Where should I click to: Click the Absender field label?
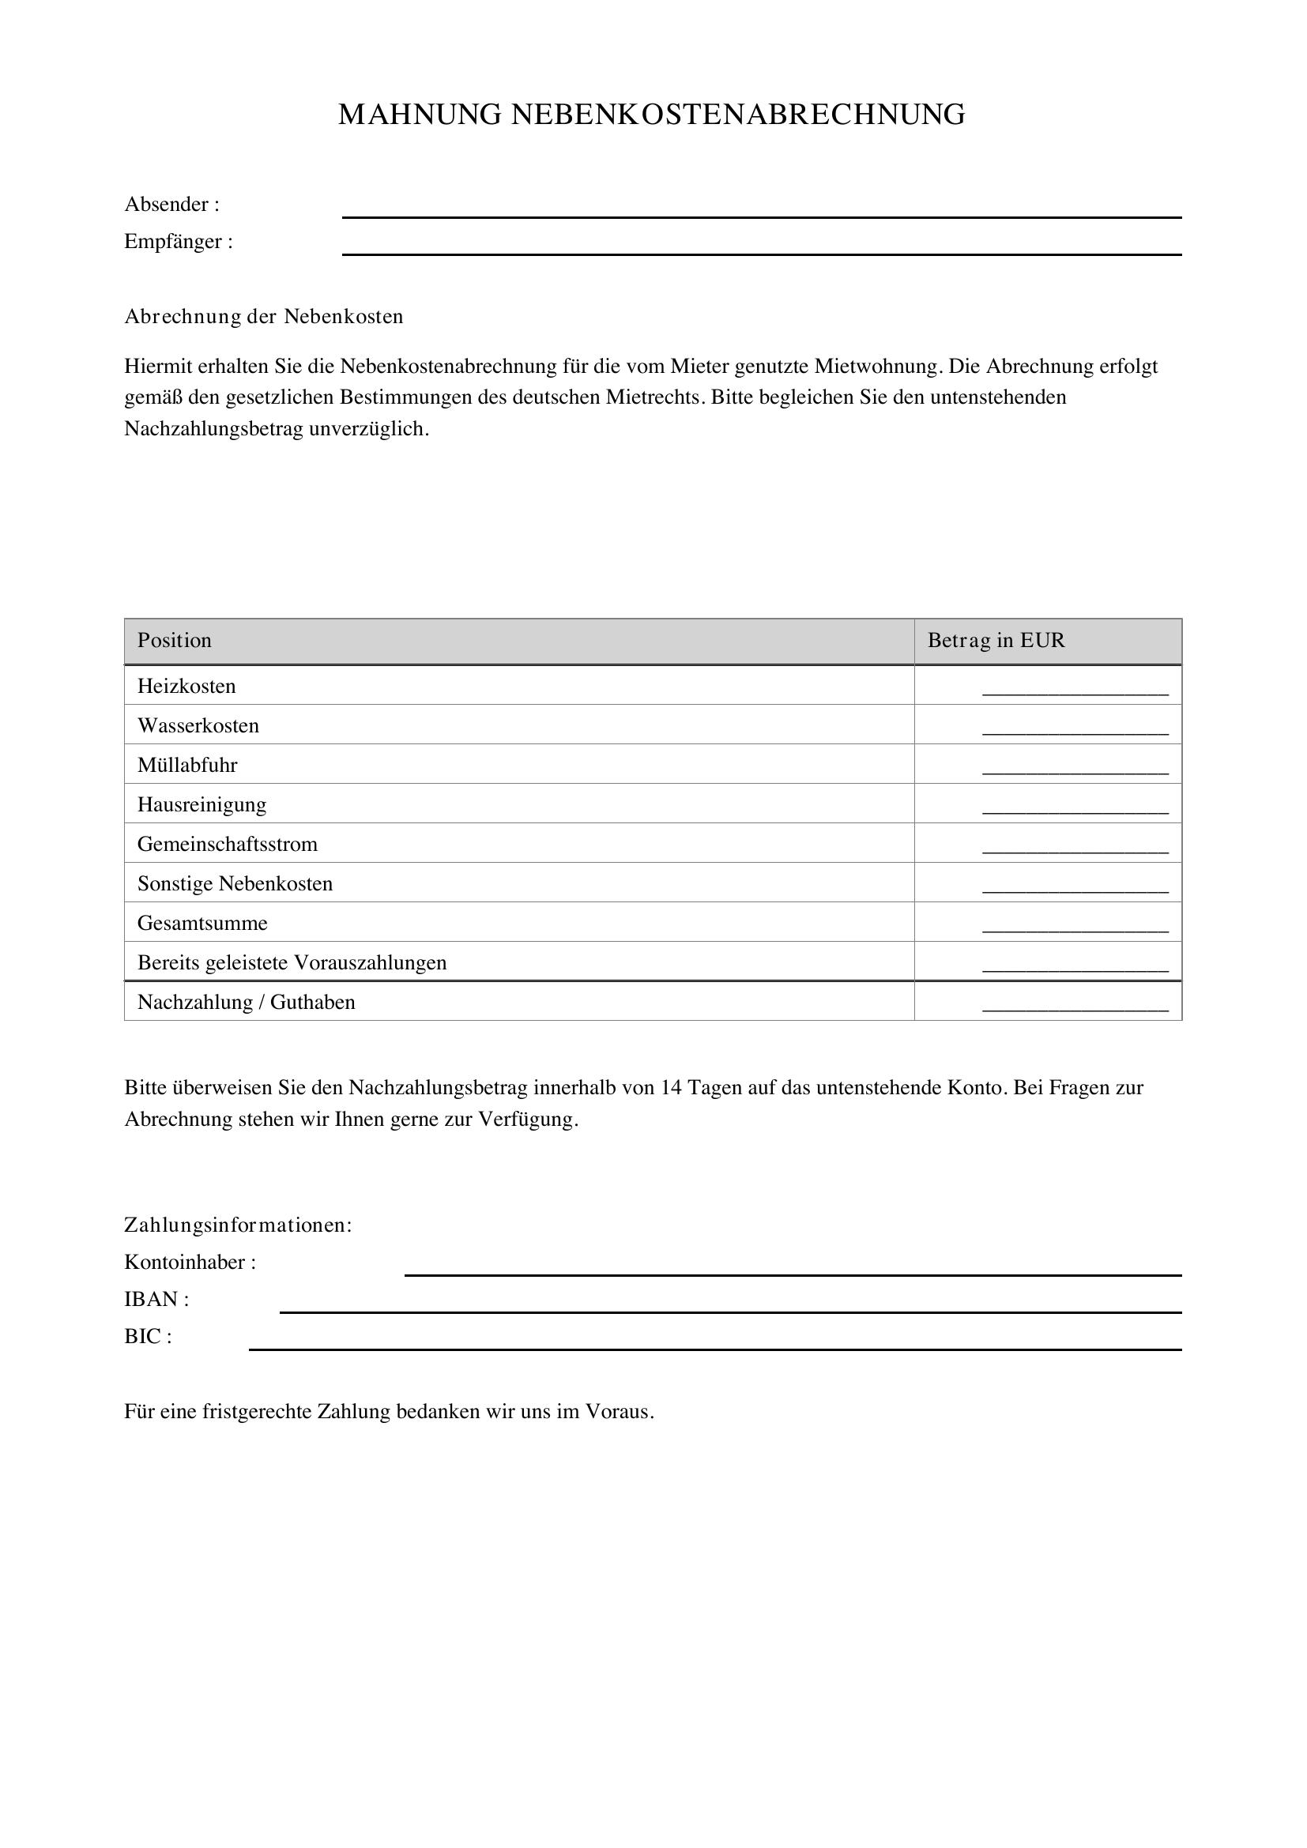coord(171,205)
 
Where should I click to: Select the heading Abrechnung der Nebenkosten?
coord(264,316)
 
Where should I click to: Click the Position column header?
coord(175,641)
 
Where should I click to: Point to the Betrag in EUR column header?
coord(996,641)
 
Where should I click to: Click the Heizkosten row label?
coord(186,687)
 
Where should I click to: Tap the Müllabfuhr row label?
coord(187,766)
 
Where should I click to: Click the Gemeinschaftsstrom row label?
coord(228,845)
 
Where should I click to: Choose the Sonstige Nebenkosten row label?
coord(235,884)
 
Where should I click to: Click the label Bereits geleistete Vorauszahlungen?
coord(292,962)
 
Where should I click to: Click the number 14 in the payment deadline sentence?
coord(671,1088)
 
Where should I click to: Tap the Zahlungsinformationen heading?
coord(238,1225)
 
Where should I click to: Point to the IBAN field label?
coord(156,1299)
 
